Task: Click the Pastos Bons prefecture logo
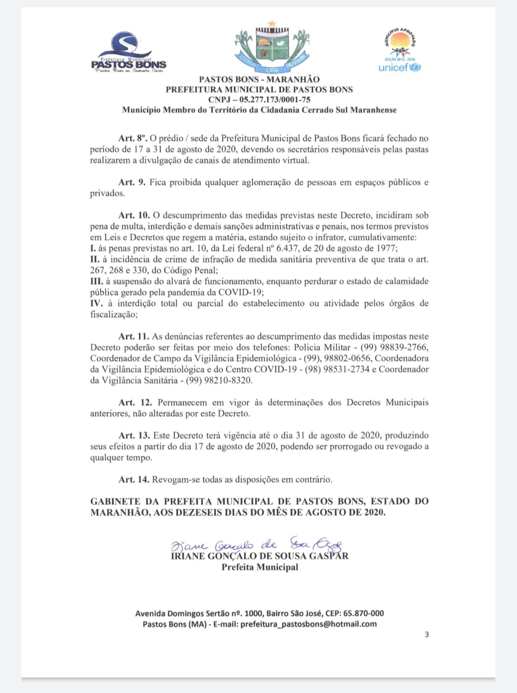128,53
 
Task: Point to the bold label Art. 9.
132,182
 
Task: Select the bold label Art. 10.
134,215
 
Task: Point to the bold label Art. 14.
134,479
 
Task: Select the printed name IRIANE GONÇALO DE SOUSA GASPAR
259,556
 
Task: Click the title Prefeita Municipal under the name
259,567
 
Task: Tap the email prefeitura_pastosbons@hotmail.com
308,624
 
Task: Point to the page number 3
427,635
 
